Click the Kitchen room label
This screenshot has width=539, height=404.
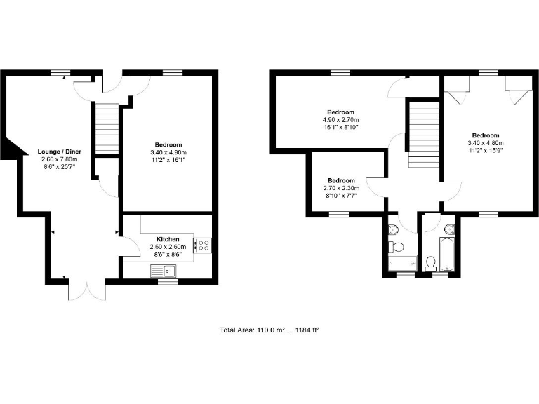tap(168, 239)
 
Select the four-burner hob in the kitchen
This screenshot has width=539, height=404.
tap(204, 245)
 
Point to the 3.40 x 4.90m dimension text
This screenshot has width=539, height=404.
tap(168, 152)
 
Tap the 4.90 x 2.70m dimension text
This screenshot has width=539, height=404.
tap(341, 119)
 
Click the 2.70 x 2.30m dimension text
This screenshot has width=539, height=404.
tap(341, 188)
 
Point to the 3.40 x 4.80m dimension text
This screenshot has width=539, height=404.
tap(486, 143)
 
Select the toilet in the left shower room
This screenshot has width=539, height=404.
tap(396, 246)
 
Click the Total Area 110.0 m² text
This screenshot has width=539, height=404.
tap(269, 329)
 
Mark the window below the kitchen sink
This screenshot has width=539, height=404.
tap(166, 281)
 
